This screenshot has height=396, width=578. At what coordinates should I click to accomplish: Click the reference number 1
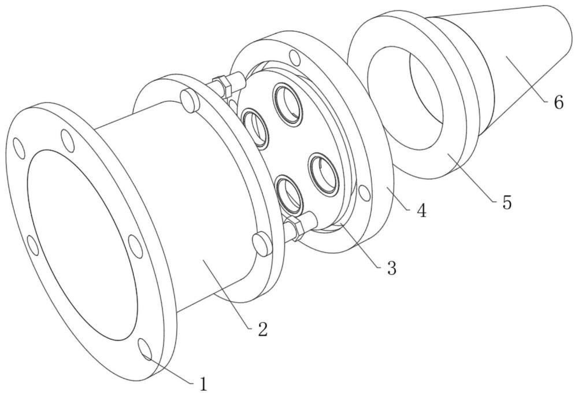pos(202,384)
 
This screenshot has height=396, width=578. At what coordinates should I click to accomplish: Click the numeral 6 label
pos(558,102)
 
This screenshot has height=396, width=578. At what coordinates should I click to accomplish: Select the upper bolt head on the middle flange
pos(188,99)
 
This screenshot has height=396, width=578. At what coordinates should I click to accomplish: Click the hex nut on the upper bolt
pos(225,86)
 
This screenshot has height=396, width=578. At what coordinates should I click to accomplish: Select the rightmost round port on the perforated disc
pos(320,171)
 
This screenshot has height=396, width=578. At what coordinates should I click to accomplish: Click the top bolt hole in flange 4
pos(295,58)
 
